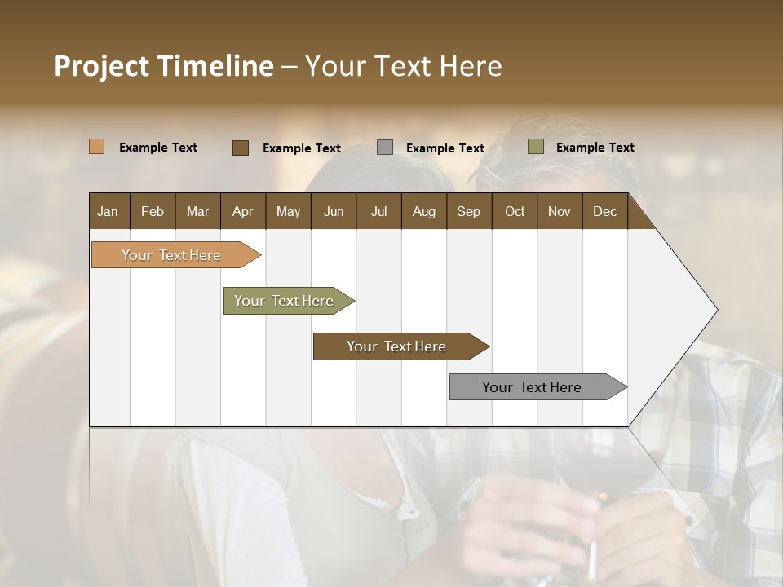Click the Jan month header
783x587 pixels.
click(108, 211)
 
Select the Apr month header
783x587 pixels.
click(242, 211)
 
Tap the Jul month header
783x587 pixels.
click(378, 211)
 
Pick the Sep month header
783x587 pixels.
click(468, 211)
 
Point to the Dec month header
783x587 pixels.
click(604, 211)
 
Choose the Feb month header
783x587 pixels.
click(153, 211)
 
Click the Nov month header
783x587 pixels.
click(559, 211)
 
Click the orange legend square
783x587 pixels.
click(97, 147)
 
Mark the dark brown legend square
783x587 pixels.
click(241, 148)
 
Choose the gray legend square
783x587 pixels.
click(385, 148)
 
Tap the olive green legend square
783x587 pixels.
click(535, 147)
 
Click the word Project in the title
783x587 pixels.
click(101, 66)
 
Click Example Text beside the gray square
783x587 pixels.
click(445, 148)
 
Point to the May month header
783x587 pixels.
click(288, 211)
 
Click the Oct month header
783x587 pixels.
click(515, 211)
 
